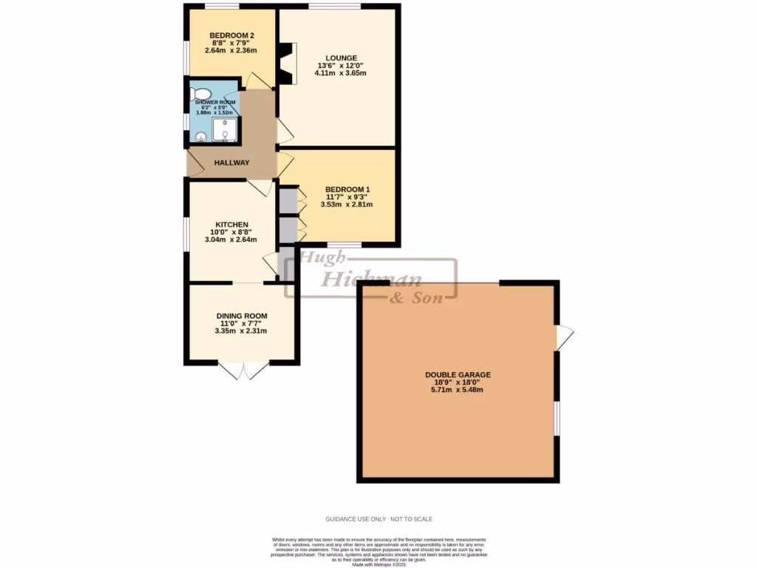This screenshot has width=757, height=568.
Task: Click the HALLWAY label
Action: coord(232,163)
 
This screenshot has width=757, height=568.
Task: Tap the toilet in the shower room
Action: coord(197,93)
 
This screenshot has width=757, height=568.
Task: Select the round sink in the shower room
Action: coord(201,135)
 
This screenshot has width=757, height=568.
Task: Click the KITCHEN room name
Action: coord(231,225)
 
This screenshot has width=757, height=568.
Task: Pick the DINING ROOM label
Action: coord(242,316)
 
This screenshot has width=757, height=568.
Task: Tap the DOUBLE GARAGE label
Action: coord(458,375)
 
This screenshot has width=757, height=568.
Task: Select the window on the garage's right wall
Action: coord(557,419)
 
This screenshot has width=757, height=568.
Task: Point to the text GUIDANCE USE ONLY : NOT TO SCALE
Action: coord(378,519)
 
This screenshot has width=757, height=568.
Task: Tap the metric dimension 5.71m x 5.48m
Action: coord(458,390)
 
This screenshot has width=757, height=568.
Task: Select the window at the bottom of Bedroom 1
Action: coord(344,245)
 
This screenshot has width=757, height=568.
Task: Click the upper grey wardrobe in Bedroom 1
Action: coord(287,200)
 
